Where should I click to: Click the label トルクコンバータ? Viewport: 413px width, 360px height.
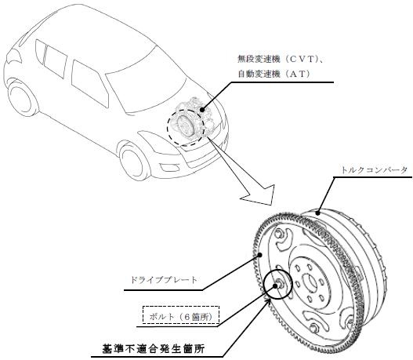(375, 170)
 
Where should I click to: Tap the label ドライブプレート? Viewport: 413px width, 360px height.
(164, 280)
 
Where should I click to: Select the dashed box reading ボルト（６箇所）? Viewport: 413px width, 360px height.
(181, 315)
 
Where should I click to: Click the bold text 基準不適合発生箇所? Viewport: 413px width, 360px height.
(154, 350)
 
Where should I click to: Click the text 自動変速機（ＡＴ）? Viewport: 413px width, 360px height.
(274, 74)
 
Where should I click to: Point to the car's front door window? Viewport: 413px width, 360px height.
(90, 84)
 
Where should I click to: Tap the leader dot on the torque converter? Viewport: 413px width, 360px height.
(318, 213)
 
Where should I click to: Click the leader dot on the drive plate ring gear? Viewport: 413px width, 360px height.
(260, 255)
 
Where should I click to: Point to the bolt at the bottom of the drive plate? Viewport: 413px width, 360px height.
(314, 329)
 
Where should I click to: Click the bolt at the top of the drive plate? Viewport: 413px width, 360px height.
(279, 234)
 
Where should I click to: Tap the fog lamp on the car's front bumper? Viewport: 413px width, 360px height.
(167, 167)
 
